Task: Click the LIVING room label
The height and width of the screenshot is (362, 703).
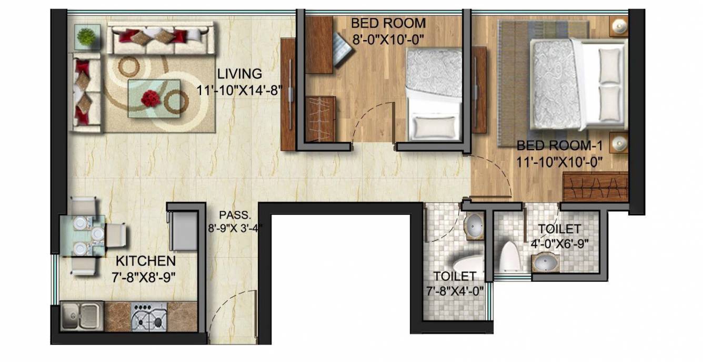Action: pos(240,74)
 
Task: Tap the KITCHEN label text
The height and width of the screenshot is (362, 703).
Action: pos(146,261)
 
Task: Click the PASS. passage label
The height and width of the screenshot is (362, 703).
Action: pos(232,215)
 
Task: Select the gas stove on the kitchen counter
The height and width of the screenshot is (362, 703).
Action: pos(148,317)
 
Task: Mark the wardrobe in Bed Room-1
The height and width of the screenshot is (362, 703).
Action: pos(595,187)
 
